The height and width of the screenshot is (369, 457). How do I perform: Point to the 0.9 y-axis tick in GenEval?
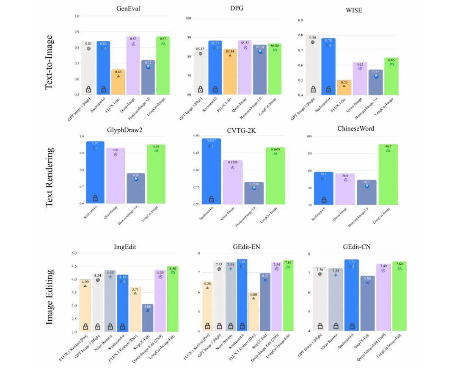click(77, 32)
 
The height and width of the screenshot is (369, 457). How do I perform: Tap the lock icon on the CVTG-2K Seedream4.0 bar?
click(212, 199)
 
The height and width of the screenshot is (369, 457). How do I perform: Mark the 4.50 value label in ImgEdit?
click(173, 268)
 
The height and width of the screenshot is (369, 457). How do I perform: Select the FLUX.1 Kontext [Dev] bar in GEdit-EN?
click(253, 312)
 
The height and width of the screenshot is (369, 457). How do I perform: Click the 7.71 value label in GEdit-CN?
click(352, 263)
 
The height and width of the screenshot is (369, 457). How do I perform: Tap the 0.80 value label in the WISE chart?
click(313, 38)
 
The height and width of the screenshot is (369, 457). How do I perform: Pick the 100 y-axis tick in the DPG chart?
click(189, 18)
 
